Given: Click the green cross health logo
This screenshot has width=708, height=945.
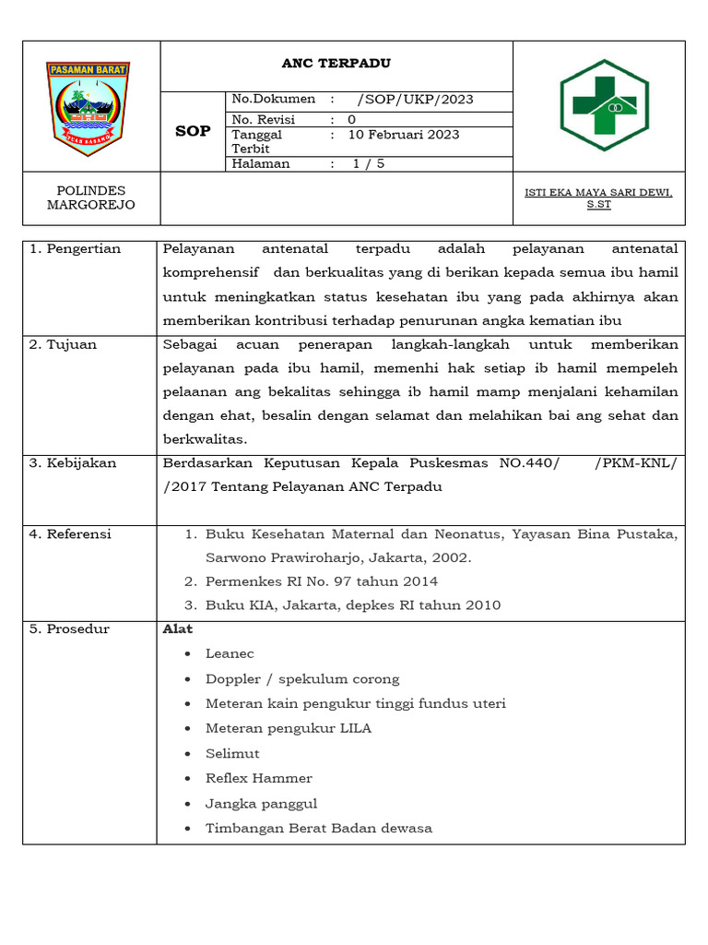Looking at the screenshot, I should tap(604, 105).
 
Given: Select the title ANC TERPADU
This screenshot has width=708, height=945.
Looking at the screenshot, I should tap(336, 64).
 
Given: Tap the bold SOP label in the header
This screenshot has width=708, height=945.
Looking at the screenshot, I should tap(194, 132).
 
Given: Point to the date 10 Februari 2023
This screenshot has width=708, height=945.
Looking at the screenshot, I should tap(403, 135).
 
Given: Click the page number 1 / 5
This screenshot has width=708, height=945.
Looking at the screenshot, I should tap(368, 164).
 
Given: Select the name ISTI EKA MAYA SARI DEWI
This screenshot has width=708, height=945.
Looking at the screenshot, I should tap(598, 192).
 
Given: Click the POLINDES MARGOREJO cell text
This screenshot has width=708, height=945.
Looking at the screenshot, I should tap(90, 197).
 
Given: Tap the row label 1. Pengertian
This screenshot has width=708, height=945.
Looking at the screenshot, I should tap(76, 249).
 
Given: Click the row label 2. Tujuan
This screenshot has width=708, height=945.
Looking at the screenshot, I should tap(64, 345).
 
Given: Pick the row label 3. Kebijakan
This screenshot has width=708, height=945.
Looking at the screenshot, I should tap(73, 463).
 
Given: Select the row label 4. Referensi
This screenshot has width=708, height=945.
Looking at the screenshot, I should tap(70, 534).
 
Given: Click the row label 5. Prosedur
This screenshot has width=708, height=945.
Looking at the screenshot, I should tap(69, 629).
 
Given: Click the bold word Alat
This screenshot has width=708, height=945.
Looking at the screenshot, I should tap(178, 629).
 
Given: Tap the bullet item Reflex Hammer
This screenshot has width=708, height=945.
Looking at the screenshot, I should tap(258, 779).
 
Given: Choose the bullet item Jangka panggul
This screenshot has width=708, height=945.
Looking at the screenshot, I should tap(261, 804).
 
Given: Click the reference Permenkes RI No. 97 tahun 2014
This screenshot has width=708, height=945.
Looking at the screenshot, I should tap(321, 581).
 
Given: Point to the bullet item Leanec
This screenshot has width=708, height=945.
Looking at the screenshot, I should tap(230, 654).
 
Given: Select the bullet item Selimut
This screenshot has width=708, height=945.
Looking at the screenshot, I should tap(232, 754).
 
